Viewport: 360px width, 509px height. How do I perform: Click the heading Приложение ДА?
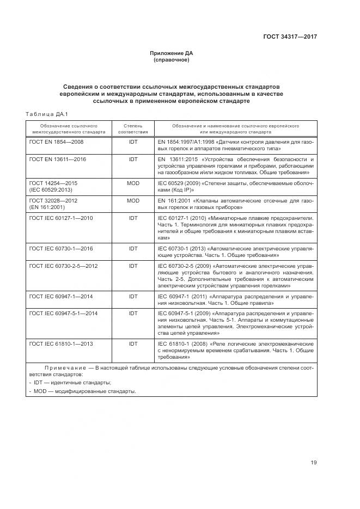(x=172, y=53)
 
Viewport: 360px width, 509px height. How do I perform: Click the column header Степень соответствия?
(x=133, y=128)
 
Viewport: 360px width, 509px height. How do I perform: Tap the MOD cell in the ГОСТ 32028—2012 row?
(x=133, y=201)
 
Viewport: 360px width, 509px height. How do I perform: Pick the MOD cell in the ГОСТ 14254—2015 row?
(x=133, y=183)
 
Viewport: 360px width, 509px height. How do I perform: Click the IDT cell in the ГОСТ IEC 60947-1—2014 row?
(x=133, y=296)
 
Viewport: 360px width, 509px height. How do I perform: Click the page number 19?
(x=314, y=463)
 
